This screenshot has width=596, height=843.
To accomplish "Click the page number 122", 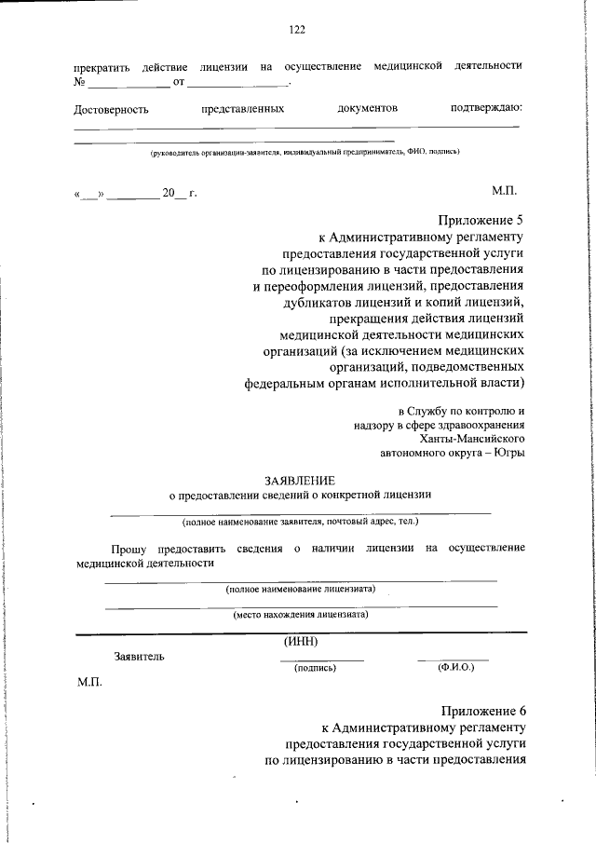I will tap(297, 30).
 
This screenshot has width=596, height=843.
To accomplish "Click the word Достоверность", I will tap(111, 110).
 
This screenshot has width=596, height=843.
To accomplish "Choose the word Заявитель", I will tap(139, 657).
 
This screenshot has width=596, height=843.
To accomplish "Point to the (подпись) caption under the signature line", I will tap(314, 668).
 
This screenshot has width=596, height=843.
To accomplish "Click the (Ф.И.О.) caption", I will tap(455, 668).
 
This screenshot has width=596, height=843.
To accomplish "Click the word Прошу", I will tap(128, 549).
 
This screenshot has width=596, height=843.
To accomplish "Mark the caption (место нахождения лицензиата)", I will tap(300, 615).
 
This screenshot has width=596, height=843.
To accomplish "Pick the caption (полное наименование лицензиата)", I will tap(300, 590).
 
